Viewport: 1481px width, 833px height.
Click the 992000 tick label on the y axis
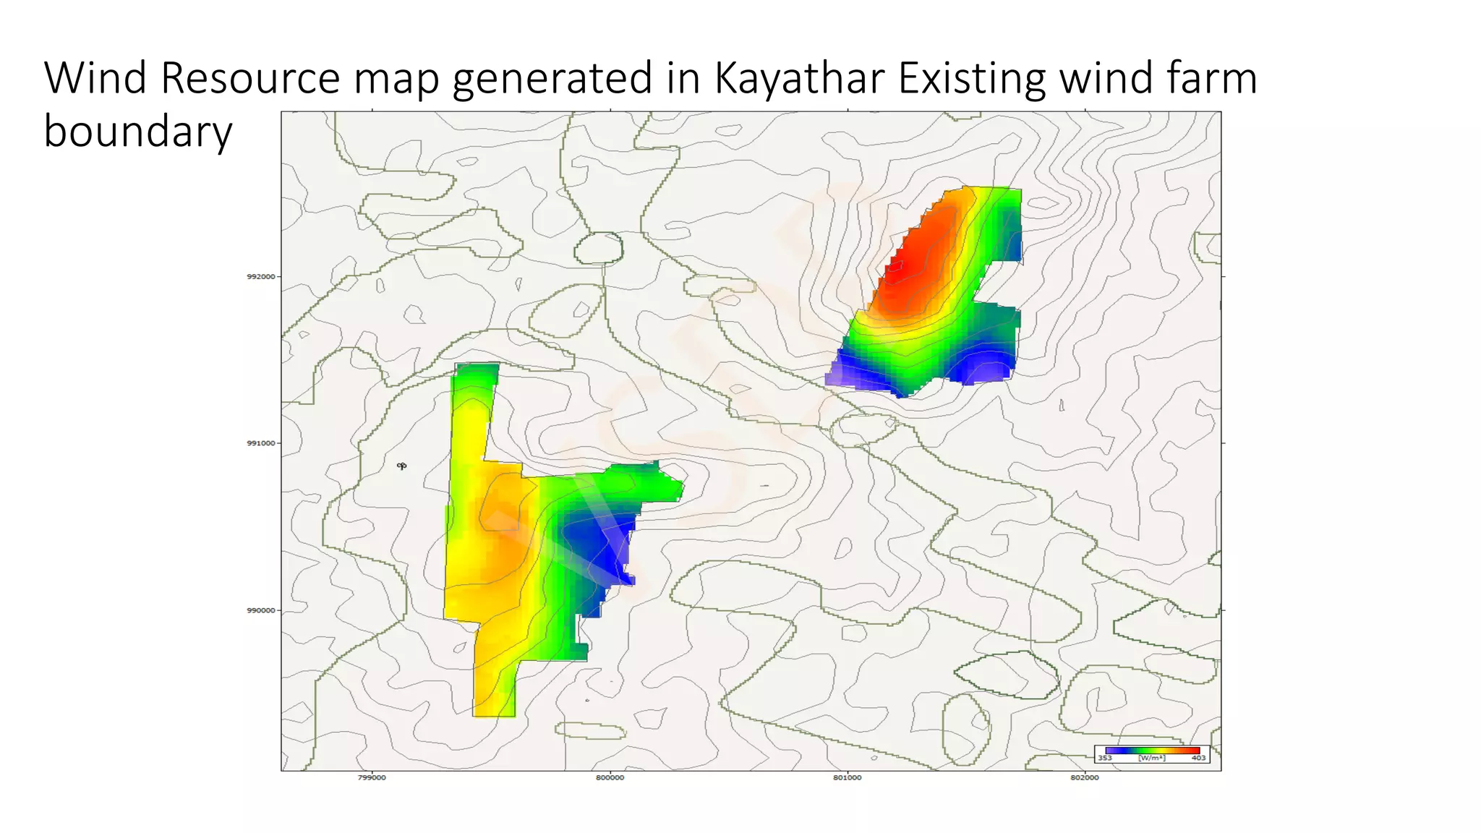(261, 276)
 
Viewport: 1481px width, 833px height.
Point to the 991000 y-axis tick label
(261, 443)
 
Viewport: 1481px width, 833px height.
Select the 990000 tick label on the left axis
(261, 610)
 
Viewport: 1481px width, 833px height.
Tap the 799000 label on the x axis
(372, 777)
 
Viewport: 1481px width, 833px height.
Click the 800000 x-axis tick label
(610, 777)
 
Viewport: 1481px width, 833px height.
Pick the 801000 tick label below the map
(847, 777)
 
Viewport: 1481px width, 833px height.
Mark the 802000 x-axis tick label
(1084, 777)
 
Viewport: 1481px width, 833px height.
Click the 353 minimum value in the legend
(1105, 759)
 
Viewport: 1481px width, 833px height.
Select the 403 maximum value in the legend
(1198, 759)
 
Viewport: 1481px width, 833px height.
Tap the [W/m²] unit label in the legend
(1151, 759)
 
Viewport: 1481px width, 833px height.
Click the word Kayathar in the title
(799, 78)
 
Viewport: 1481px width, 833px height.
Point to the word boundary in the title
(137, 132)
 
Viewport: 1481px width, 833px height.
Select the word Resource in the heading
(250, 78)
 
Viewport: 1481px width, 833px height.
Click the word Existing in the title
(971, 78)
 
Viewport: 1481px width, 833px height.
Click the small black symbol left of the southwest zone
(401, 466)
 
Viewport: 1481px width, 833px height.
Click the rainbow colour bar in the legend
(1152, 751)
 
